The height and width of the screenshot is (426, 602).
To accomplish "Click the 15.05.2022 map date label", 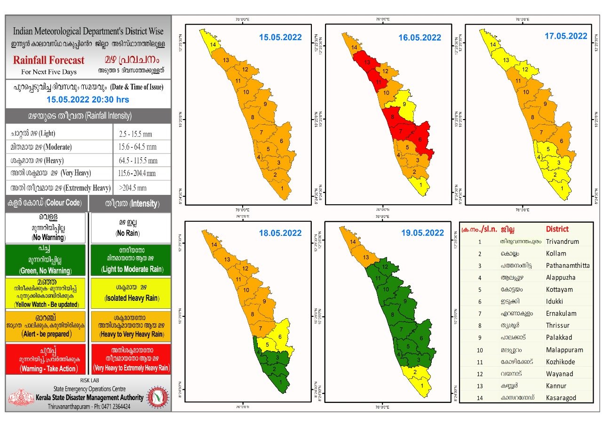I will pos(280,37).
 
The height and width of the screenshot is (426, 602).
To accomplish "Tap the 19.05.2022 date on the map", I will pos(422,233).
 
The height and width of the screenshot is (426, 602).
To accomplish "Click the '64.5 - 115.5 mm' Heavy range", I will pos(138,161).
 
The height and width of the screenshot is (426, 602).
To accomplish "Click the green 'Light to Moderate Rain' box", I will pos(131,260).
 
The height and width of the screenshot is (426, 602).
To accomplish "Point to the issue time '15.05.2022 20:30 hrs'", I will pos(88,99).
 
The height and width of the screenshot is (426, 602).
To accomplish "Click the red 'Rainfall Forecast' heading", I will pos(49,60).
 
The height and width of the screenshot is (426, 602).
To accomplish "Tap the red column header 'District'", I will pos(557,229).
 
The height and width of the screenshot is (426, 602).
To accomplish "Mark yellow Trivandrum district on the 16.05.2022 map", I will pos(421,186).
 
